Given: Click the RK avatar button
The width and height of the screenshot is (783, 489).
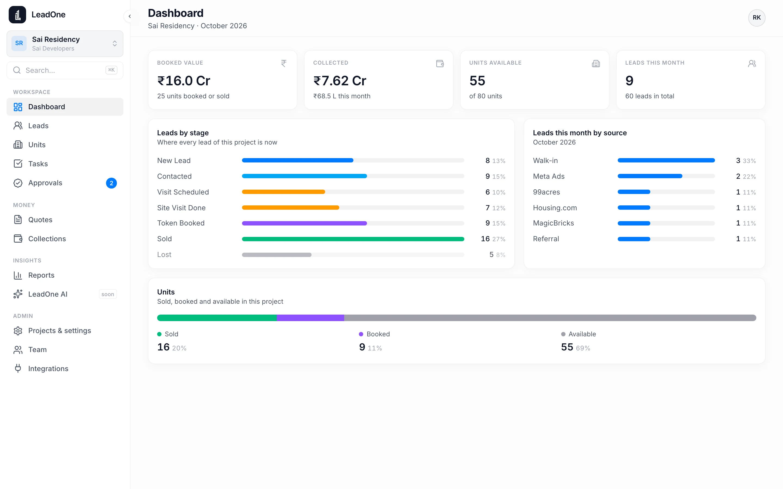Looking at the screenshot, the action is click(x=756, y=17).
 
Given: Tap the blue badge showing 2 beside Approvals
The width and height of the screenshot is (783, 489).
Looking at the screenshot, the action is click(x=111, y=183).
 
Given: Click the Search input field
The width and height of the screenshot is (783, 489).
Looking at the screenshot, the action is click(x=65, y=70).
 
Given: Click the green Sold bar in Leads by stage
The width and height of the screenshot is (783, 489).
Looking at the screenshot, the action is click(x=353, y=239).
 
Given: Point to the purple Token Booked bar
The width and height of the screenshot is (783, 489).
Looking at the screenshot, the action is click(x=304, y=223).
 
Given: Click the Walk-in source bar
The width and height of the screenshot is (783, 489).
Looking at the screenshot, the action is click(x=666, y=160).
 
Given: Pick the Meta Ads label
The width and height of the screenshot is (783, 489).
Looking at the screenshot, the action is click(x=549, y=176).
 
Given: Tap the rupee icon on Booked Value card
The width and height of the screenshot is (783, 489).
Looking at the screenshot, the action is click(x=284, y=63).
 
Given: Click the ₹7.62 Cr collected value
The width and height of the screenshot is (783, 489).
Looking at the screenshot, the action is click(x=340, y=80).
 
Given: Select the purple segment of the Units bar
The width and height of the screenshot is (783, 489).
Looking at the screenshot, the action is click(x=310, y=318).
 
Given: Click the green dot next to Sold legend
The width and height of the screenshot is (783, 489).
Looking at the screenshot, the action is click(x=159, y=334).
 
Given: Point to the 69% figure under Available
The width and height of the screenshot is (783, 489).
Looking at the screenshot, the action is click(x=583, y=348).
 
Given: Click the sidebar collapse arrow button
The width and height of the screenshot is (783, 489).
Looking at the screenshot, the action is click(x=130, y=16).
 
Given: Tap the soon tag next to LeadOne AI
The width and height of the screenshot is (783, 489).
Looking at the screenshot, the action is click(x=108, y=294).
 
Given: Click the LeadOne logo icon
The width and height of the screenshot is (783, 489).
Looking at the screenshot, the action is click(x=17, y=15).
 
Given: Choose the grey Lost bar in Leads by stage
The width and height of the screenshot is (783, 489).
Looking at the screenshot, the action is click(x=277, y=255).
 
